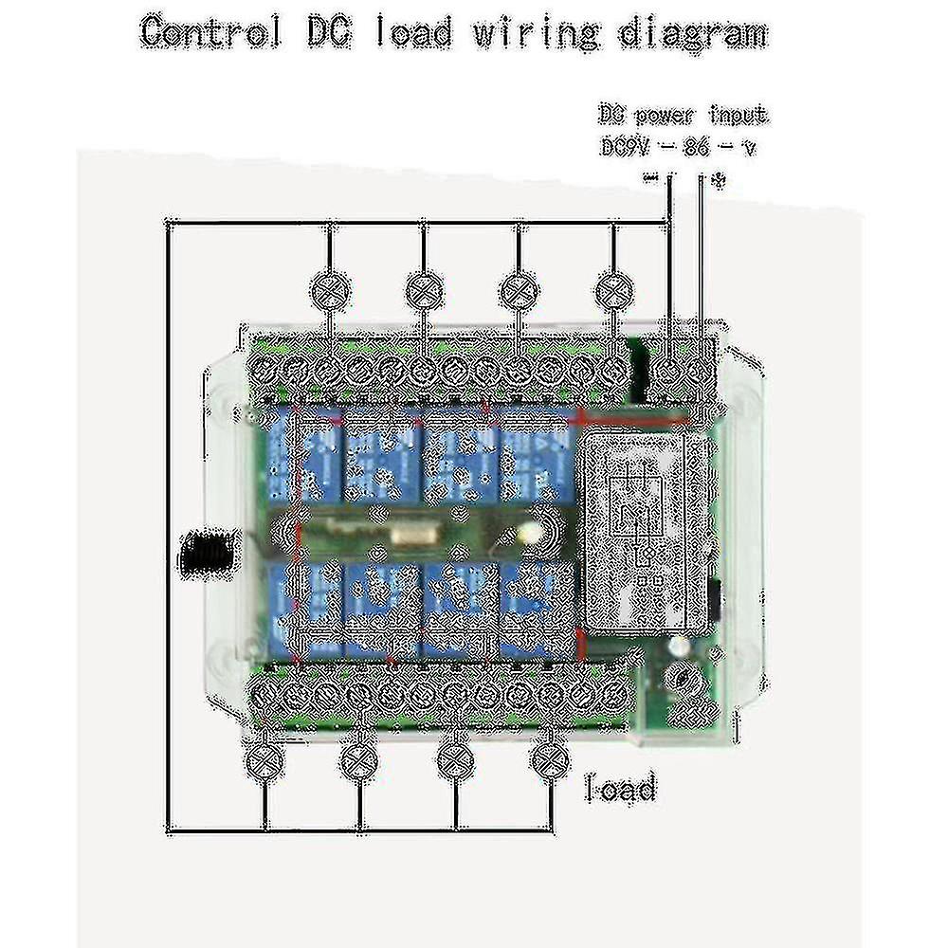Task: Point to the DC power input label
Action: (x=683, y=116)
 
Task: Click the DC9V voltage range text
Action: (x=678, y=147)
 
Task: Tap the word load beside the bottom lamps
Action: (x=621, y=788)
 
